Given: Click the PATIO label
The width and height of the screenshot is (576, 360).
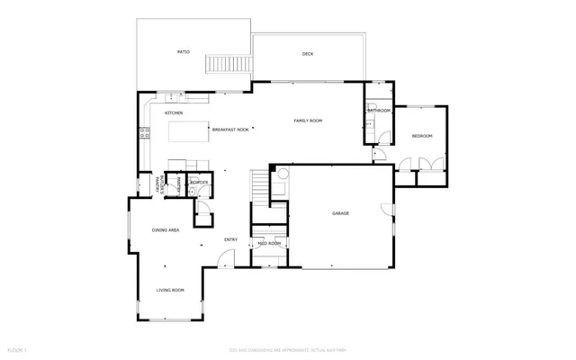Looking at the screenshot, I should click(x=183, y=52).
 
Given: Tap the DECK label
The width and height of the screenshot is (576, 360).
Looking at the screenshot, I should click(x=307, y=55).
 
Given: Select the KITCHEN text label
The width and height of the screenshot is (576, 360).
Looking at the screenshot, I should click(x=174, y=113).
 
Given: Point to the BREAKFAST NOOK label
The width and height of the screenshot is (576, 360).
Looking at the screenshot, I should click(x=230, y=130).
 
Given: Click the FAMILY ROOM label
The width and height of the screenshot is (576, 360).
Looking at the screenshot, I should click(x=309, y=121).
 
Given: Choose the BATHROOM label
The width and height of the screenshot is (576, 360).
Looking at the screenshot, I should click(x=379, y=111).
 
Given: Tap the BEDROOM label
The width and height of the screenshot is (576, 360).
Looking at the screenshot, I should click(x=422, y=136).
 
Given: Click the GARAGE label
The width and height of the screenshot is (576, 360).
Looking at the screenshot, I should click(x=340, y=213).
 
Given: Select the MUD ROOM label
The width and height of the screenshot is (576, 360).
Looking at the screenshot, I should click(x=269, y=244).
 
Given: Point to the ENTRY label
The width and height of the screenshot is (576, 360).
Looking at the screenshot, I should click(x=230, y=239).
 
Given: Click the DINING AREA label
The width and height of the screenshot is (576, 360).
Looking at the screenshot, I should click(x=166, y=230).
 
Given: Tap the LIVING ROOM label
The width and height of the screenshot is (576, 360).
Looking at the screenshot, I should click(x=170, y=290).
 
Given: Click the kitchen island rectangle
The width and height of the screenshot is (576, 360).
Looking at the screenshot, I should click(x=189, y=131).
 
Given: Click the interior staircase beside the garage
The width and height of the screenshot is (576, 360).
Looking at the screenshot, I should click(x=260, y=187).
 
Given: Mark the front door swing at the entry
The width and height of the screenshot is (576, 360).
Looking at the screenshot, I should click(x=222, y=262).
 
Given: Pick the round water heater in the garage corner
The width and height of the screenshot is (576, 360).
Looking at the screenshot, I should click(x=282, y=175).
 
